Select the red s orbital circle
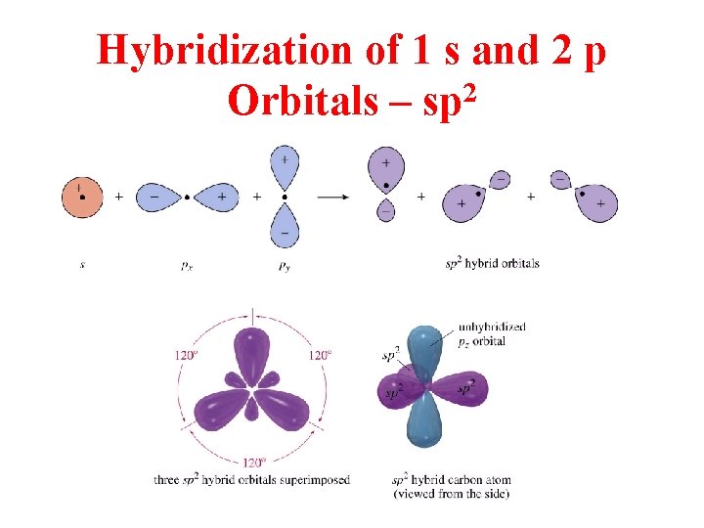(x=82, y=196)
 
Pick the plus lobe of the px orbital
(x=219, y=197)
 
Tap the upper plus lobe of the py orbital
(x=284, y=163)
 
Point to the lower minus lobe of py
(x=284, y=229)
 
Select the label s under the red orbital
(x=82, y=264)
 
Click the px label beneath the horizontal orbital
(x=188, y=264)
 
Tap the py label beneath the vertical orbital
(x=285, y=264)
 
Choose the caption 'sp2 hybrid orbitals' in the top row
(x=492, y=263)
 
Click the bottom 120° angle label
(x=253, y=462)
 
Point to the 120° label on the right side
(x=320, y=355)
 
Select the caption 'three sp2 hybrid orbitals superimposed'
(x=251, y=480)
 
